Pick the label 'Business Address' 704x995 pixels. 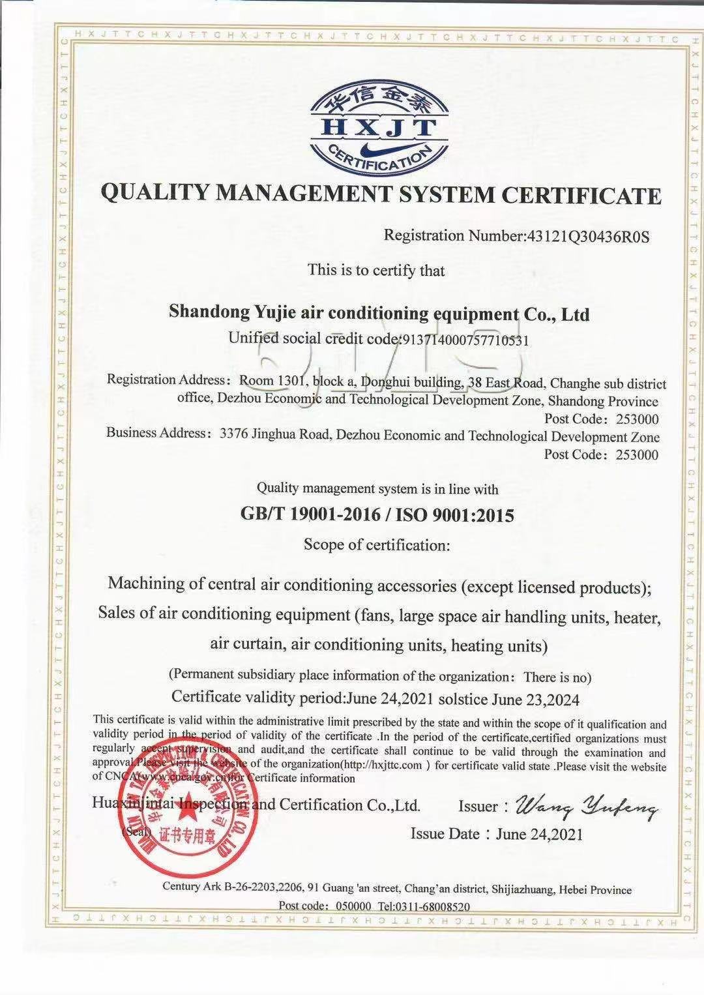[x=156, y=432]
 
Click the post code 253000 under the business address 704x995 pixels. [x=637, y=454]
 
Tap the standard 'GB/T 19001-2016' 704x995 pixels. [x=310, y=514]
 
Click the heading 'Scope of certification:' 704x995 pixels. [x=377, y=544]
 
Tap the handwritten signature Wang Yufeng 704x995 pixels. [x=586, y=809]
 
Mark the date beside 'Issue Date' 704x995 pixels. [x=539, y=834]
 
